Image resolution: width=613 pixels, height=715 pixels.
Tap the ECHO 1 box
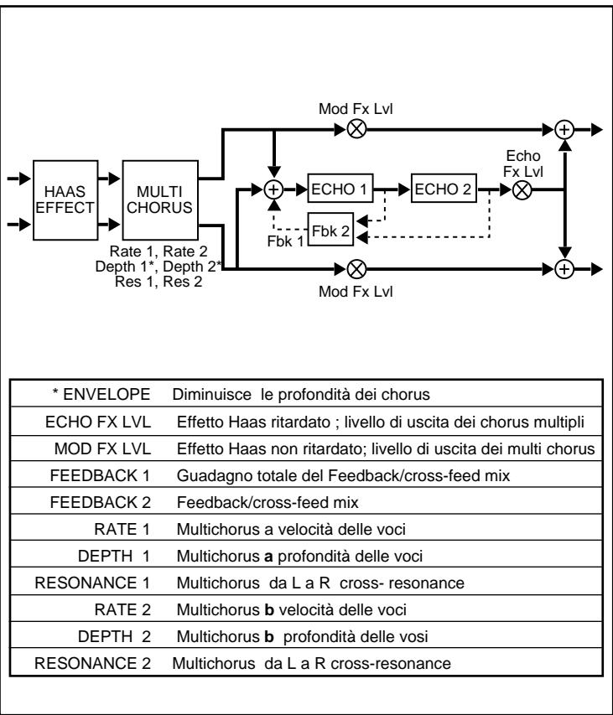pyautogui.click(x=340, y=189)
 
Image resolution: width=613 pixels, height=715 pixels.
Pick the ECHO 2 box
pyautogui.click(x=442, y=189)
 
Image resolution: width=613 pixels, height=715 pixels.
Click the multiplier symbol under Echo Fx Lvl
pyautogui.click(x=522, y=189)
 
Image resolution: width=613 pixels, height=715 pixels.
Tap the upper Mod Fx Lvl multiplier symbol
pyautogui.click(x=356, y=130)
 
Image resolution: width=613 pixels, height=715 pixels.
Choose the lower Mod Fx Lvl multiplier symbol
pyautogui.click(x=356, y=269)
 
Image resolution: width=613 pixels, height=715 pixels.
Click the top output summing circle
pyautogui.click(x=566, y=130)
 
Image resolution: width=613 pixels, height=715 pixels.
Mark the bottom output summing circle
pyautogui.click(x=566, y=269)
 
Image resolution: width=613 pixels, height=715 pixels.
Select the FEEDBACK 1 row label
pyautogui.click(x=112, y=474)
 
